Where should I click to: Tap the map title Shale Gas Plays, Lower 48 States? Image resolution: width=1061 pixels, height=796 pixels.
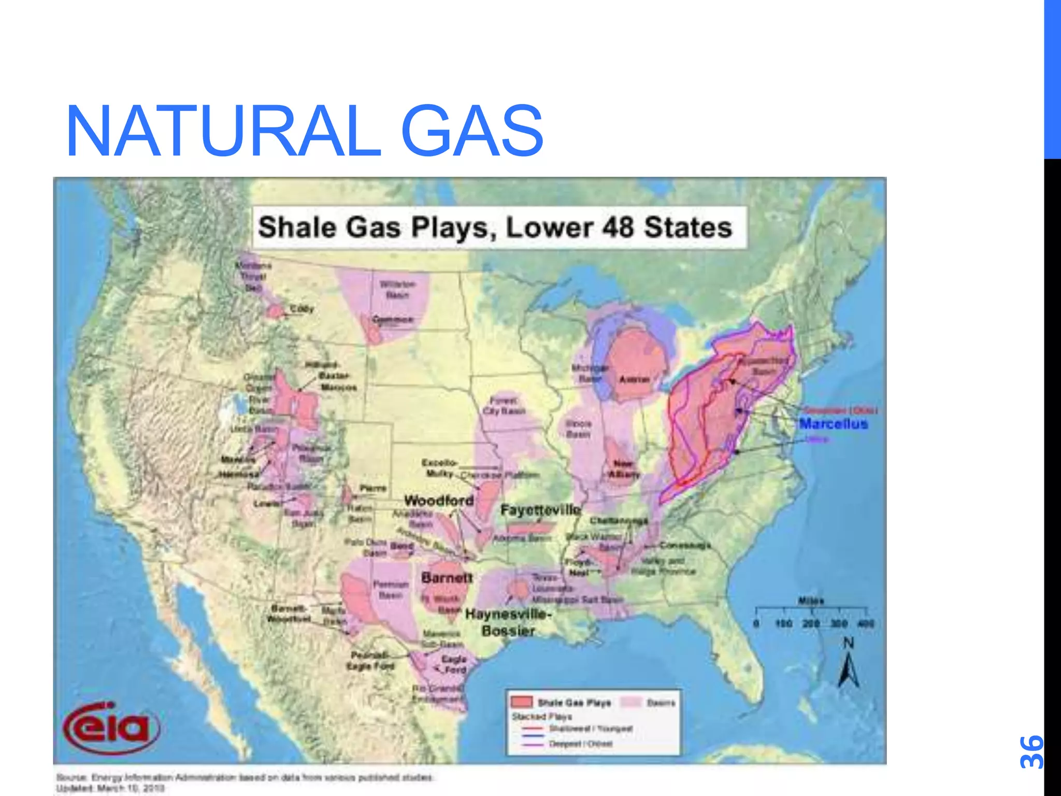pyautogui.click(x=495, y=228)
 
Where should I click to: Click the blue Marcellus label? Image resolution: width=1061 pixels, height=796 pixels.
pyautogui.click(x=833, y=424)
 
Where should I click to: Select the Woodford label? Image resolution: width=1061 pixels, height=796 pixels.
pyautogui.click(x=439, y=501)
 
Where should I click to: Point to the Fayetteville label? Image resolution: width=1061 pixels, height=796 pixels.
pyautogui.click(x=540, y=510)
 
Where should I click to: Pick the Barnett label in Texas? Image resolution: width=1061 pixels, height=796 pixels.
pyautogui.click(x=447, y=577)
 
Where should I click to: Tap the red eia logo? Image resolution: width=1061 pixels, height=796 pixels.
pyautogui.click(x=111, y=727)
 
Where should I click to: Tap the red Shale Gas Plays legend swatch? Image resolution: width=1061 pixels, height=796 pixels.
pyautogui.click(x=521, y=702)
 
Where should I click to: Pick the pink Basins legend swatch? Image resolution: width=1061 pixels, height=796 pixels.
pyautogui.click(x=631, y=702)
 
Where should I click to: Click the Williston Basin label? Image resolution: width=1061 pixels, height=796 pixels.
pyautogui.click(x=397, y=290)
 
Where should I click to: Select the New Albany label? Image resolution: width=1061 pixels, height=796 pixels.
pyautogui.click(x=623, y=469)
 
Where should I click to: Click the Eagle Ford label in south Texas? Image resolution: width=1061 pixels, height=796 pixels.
pyautogui.click(x=454, y=664)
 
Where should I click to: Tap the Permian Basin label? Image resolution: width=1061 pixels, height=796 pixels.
pyautogui.click(x=391, y=590)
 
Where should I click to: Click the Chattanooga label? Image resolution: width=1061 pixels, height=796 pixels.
pyautogui.click(x=619, y=520)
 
